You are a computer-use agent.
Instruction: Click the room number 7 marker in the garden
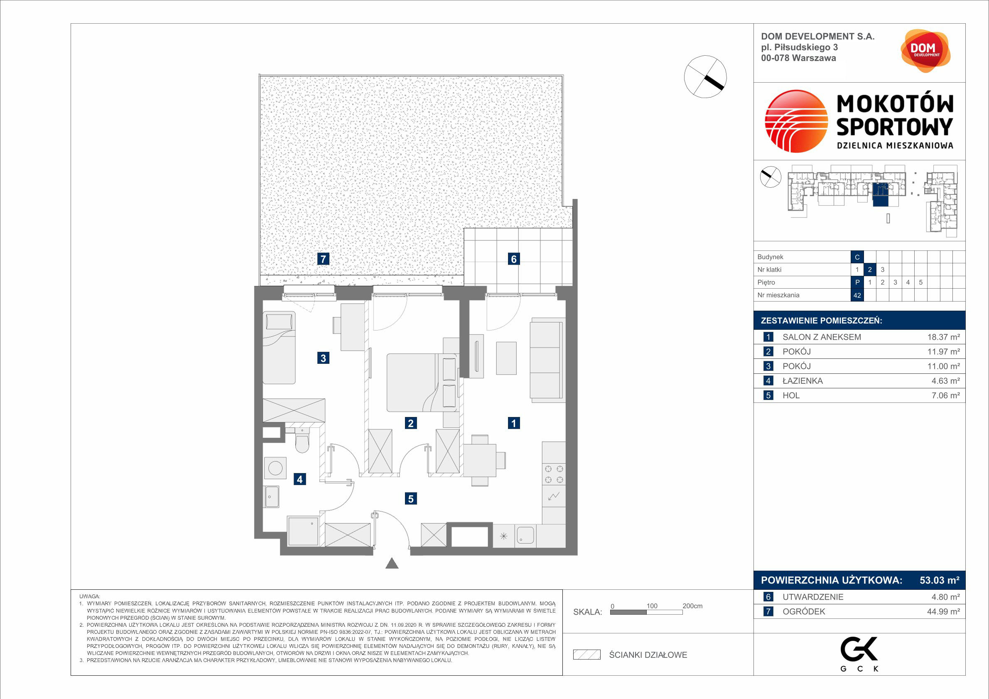click(x=323, y=259)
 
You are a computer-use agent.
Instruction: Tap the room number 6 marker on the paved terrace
click(x=513, y=259)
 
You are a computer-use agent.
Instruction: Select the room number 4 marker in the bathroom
click(x=300, y=479)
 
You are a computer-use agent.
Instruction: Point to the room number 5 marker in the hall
click(x=410, y=499)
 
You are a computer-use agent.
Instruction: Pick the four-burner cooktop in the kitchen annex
click(x=554, y=474)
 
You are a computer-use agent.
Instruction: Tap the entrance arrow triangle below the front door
click(x=392, y=563)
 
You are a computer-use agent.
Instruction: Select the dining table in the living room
click(x=479, y=459)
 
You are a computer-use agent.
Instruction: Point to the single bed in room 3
click(x=279, y=348)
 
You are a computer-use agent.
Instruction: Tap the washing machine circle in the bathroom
click(x=275, y=468)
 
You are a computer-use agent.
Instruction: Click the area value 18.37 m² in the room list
click(x=943, y=337)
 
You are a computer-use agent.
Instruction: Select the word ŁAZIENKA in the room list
click(x=802, y=381)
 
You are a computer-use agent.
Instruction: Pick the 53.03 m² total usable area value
click(x=940, y=580)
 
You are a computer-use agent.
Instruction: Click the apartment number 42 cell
click(x=857, y=295)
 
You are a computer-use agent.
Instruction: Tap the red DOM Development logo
click(x=925, y=51)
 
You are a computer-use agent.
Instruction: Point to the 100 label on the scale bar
click(x=652, y=606)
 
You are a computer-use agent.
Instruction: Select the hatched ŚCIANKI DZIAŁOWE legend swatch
click(x=587, y=655)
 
